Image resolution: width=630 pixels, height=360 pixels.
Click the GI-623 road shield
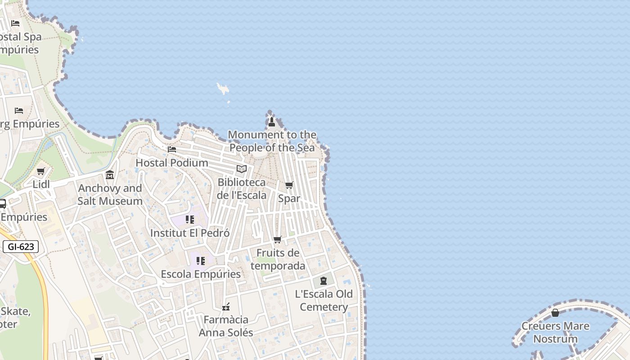pyautogui.click(x=21, y=247)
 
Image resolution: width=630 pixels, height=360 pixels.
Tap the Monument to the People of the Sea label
pyautogui.click(x=272, y=141)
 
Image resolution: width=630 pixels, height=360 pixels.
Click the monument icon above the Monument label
pyautogui.click(x=271, y=122)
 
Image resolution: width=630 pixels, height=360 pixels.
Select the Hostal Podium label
pyautogui.click(x=172, y=162)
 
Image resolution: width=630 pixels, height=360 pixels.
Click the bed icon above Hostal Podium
pyautogui.click(x=172, y=149)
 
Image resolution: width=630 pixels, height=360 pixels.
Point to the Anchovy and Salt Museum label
pyautogui.click(x=110, y=194)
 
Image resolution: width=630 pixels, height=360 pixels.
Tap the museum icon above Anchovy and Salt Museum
pyautogui.click(x=110, y=175)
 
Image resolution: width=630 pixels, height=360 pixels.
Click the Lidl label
pyautogui.click(x=41, y=184)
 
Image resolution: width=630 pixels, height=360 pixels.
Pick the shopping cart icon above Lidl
pyautogui.click(x=41, y=171)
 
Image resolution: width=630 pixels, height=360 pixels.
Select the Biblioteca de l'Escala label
pyautogui.click(x=242, y=189)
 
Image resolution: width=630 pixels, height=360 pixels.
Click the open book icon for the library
pyautogui.click(x=242, y=169)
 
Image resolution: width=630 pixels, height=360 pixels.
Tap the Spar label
pyautogui.click(x=289, y=198)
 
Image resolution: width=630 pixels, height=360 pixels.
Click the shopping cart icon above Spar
pyautogui.click(x=289, y=185)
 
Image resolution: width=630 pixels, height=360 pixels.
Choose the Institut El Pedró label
pyautogui.click(x=190, y=233)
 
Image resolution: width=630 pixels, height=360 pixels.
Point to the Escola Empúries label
pyautogui.click(x=201, y=274)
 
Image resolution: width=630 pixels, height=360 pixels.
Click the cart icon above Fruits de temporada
pyautogui.click(x=278, y=239)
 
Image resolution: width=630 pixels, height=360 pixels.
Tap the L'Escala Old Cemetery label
pyautogui.click(x=324, y=300)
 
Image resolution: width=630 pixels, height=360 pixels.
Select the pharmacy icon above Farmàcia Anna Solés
pyautogui.click(x=226, y=307)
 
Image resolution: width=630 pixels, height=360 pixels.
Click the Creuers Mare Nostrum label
pyautogui.click(x=555, y=332)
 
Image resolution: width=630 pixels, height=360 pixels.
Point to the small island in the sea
pyautogui.click(x=222, y=89)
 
